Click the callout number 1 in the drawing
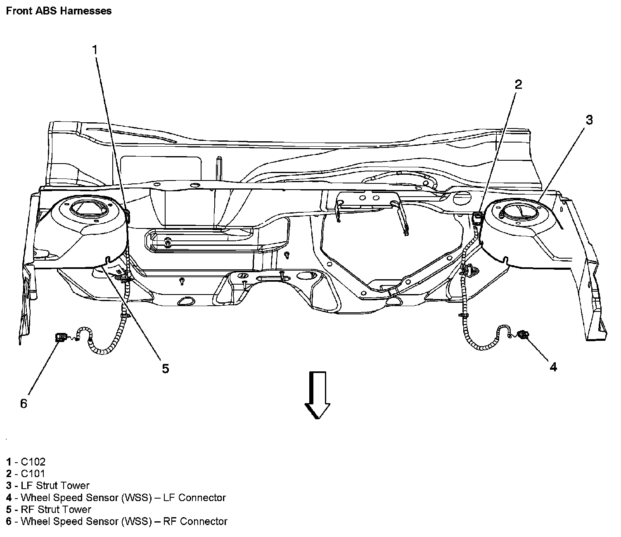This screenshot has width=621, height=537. point(95,50)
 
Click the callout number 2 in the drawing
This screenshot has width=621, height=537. point(518,85)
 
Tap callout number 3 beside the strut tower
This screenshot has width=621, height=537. point(589,120)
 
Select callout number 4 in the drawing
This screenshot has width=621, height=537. point(553,366)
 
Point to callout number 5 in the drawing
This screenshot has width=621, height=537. point(165,368)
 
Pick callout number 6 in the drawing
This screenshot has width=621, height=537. point(24,404)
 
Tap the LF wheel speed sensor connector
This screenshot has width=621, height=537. point(523,335)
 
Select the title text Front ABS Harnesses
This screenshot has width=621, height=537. point(59,11)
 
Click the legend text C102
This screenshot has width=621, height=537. point(33,461)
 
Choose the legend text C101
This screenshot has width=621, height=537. point(33,473)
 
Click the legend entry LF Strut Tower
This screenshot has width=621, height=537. point(55,485)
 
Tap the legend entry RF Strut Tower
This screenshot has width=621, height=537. point(56,509)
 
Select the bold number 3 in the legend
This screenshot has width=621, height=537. point(9,485)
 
